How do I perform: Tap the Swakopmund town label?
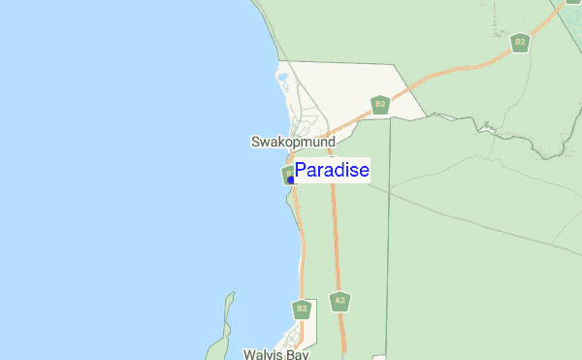pyautogui.click(x=293, y=142)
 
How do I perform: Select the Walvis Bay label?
pyautogui.click(x=275, y=355)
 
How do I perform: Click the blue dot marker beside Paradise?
pyautogui.click(x=291, y=180)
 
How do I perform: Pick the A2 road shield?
pyautogui.click(x=339, y=301)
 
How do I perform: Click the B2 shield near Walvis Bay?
pyautogui.click(x=302, y=309)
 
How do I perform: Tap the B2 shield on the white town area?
pyautogui.click(x=380, y=104)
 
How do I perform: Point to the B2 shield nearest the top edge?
pyautogui.click(x=520, y=42)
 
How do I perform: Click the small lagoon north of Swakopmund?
pyautogui.click(x=282, y=77)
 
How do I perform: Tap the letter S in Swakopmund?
pyautogui.click(x=255, y=142)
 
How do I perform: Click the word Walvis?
pyautogui.click(x=262, y=355)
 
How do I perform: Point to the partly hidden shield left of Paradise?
pyautogui.click(x=287, y=174)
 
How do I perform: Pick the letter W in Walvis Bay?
pyautogui.click(x=248, y=355)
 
